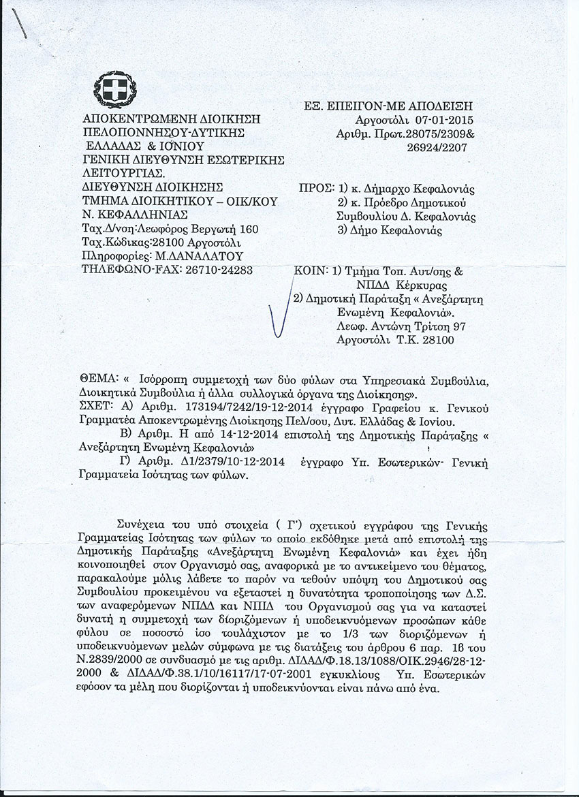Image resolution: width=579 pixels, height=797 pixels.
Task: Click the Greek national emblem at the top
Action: [x=110, y=89]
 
